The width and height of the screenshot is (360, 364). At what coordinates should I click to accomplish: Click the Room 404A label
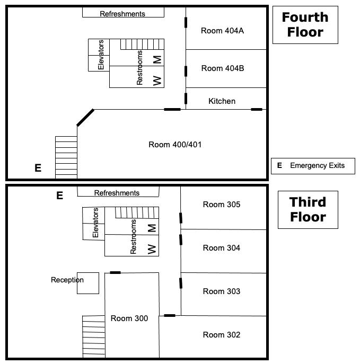pos(222,31)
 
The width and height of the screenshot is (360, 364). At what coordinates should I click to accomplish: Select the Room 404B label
pos(223,68)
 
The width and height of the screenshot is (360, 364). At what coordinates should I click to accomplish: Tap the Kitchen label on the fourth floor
pos(222,101)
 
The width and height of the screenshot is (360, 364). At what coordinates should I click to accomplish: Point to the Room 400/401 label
pos(175,145)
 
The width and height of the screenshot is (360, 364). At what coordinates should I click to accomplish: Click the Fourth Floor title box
pos(305,25)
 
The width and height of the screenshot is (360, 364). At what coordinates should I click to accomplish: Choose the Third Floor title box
pos(308,210)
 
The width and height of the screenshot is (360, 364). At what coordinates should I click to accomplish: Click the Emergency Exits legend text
pos(317,166)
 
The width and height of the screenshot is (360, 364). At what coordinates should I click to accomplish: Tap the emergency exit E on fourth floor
pos(38,168)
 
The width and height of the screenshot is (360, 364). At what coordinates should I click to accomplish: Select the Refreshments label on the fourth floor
pos(122,14)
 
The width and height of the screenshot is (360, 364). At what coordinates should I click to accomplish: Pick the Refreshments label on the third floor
pos(117,193)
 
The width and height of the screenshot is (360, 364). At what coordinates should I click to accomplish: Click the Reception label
pos(67,280)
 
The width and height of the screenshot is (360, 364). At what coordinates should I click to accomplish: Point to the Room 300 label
pos(129,318)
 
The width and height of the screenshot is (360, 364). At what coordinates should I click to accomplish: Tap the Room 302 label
pos(222,335)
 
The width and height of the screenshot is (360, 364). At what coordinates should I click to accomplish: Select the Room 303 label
pos(222,291)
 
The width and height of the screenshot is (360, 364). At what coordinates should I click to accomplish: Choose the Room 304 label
pos(222,248)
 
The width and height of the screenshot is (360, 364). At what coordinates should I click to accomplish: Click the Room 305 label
pos(222,205)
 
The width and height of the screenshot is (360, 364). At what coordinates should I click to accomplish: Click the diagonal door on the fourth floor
pos(85,118)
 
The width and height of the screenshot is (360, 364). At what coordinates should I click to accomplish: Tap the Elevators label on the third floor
pos(95,223)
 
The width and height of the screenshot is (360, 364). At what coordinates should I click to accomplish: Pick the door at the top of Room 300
pos(115,272)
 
